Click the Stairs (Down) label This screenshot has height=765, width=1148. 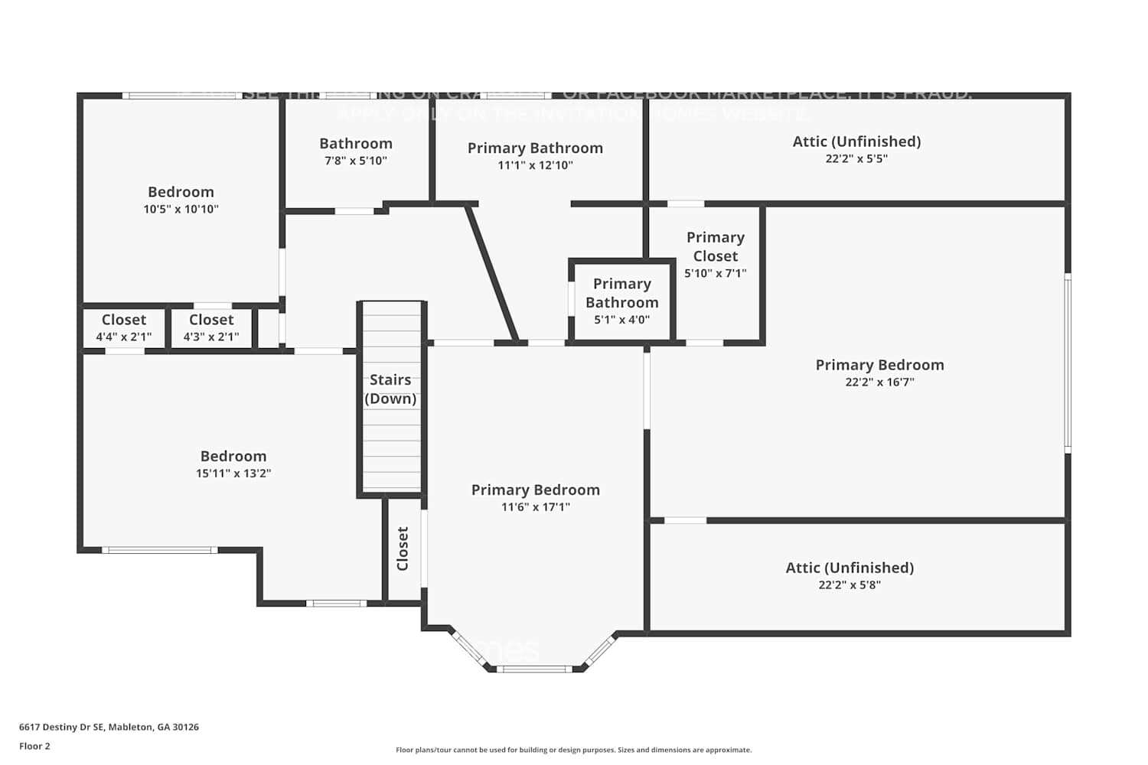390,389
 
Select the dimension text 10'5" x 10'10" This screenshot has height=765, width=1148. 181,209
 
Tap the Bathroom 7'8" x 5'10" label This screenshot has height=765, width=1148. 355,144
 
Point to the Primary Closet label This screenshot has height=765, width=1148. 715,246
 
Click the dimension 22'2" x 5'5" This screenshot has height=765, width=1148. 856,159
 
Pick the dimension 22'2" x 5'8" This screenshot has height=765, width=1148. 850,585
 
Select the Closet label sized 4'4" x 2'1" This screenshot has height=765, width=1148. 123,320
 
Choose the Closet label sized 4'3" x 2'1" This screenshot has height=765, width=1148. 211,320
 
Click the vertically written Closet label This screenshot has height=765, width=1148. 403,549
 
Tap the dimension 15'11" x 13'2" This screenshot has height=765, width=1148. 233,474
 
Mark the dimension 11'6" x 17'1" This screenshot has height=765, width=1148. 536,507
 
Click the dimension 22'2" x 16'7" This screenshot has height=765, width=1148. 879,382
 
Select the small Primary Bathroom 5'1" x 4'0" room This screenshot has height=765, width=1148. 621,301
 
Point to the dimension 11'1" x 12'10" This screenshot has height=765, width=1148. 535,165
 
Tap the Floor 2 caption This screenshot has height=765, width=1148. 34,746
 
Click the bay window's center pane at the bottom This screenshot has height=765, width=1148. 535,669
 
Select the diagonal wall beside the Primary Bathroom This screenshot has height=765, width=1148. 492,273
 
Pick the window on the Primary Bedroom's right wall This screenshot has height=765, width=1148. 1068,363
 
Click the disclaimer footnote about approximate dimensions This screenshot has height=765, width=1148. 573,750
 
